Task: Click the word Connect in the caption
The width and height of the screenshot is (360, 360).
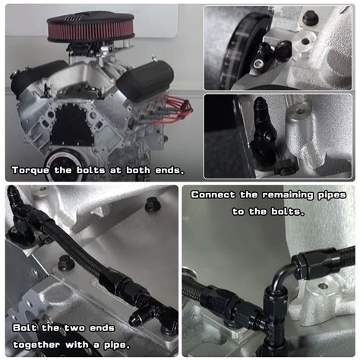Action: tap(215, 194)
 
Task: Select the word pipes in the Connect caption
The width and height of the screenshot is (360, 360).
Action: tap(339, 194)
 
